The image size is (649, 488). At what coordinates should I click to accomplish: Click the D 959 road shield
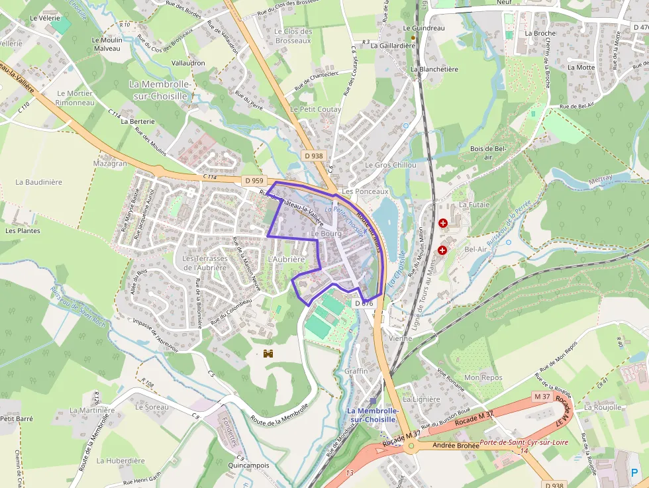[x=253, y=180]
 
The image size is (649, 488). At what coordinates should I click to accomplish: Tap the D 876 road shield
[x=364, y=303]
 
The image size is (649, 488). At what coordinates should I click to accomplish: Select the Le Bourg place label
[x=325, y=234]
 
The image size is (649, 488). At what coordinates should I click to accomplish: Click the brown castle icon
[x=269, y=354]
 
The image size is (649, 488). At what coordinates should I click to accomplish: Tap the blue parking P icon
[x=635, y=474]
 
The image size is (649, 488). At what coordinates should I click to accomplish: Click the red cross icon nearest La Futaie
[x=442, y=224]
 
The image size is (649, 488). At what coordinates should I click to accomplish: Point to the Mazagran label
[x=110, y=163]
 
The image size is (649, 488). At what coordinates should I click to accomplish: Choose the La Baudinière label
[x=38, y=181]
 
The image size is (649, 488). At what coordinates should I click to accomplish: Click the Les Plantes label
[x=23, y=231]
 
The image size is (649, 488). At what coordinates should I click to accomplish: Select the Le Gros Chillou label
[x=391, y=165]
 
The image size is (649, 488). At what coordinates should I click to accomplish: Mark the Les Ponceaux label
[x=365, y=191]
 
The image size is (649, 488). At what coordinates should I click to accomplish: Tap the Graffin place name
[x=356, y=371]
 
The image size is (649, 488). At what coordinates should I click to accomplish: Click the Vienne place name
[x=400, y=338]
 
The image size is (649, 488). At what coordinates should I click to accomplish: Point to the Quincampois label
[x=249, y=465]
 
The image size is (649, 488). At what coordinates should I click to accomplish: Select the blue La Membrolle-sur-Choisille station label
[x=373, y=415]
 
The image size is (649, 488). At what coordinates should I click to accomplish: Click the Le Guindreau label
[x=424, y=28]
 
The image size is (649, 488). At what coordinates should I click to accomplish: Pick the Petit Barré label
[x=17, y=418]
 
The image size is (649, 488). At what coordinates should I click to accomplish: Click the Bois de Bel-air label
[x=488, y=153]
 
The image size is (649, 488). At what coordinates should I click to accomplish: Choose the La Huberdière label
[x=121, y=461]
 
